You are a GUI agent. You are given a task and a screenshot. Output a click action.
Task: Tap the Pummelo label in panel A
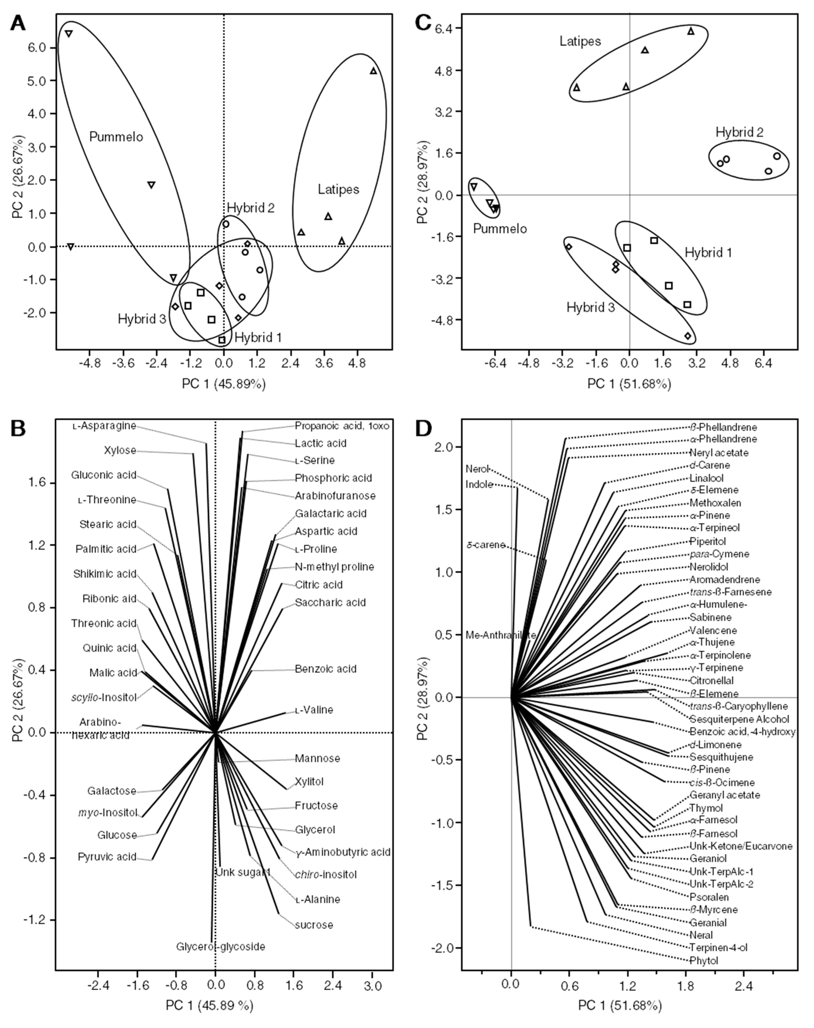click(116, 137)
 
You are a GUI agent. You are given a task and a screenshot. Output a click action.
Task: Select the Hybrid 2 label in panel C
click(739, 132)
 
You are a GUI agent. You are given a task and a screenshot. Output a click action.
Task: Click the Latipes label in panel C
click(580, 42)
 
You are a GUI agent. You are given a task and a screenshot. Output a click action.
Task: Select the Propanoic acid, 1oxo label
click(342, 426)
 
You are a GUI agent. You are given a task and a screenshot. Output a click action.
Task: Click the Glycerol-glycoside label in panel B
click(221, 947)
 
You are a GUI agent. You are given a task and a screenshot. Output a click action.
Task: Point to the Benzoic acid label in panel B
click(326, 669)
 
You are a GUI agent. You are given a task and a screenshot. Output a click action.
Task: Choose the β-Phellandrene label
click(723, 428)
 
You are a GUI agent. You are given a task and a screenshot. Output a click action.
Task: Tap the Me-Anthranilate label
click(500, 635)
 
